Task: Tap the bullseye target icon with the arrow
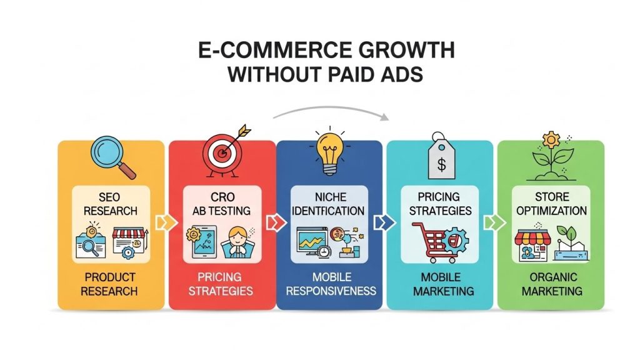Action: (x=222, y=154)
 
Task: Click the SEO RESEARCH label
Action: (x=111, y=204)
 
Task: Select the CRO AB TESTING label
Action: (x=222, y=204)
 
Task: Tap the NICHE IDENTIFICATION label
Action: (x=329, y=204)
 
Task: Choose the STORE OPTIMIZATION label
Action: (x=550, y=204)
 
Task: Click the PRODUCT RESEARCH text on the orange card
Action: (x=111, y=283)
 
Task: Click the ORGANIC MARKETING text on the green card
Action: (x=551, y=283)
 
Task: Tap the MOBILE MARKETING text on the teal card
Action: (x=440, y=283)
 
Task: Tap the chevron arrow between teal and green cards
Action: (x=491, y=222)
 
